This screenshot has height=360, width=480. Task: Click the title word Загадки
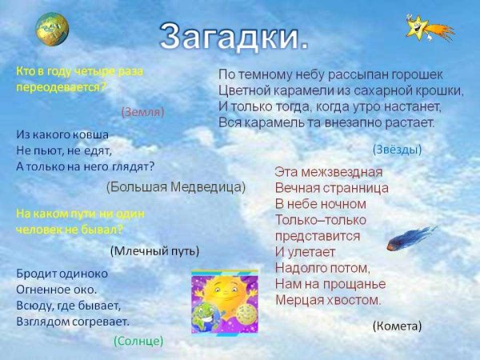tap(233, 35)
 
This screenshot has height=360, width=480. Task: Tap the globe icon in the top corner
tap(52, 29)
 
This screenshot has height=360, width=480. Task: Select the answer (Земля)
tap(142, 112)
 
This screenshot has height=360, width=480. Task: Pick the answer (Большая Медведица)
tap(176, 186)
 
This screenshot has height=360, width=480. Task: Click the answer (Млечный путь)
tap(154, 250)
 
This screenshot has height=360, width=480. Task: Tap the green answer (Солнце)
tap(138, 341)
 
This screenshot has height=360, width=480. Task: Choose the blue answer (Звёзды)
tap(397, 149)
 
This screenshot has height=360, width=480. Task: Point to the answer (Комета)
tap(397, 326)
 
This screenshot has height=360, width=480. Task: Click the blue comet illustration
tap(411, 238)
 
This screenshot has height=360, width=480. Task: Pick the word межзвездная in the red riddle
tap(342, 171)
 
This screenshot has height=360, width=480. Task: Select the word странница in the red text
tap(354, 187)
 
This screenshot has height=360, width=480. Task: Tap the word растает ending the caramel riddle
tap(406, 122)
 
